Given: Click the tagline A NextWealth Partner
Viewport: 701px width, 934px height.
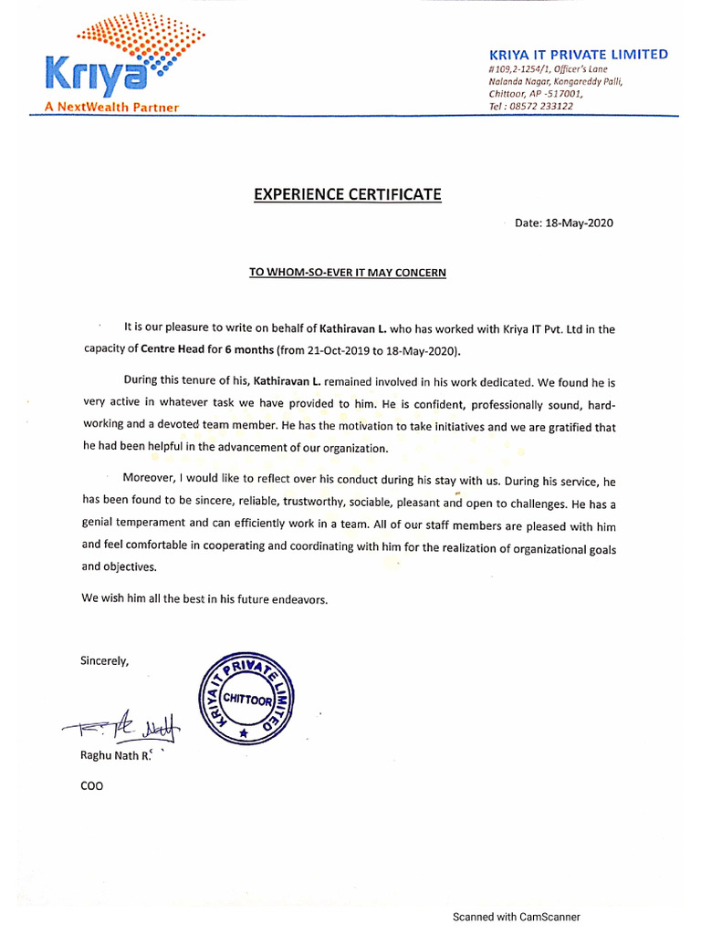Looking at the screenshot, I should pyautogui.click(x=111, y=107).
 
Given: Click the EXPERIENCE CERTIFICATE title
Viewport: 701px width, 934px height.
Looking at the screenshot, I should pyautogui.click(x=347, y=194).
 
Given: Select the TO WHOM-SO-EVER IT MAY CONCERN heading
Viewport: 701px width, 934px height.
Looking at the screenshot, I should pyautogui.click(x=348, y=272).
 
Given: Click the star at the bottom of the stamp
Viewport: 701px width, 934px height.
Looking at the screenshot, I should pyautogui.click(x=242, y=732).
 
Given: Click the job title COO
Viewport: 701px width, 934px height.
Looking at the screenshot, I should pyautogui.click(x=92, y=785).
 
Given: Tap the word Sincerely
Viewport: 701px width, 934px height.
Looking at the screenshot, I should pyautogui.click(x=105, y=660).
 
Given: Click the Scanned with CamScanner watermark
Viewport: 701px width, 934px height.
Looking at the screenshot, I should pyautogui.click(x=516, y=917).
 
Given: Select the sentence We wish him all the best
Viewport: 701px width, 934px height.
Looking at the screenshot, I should pyautogui.click(x=204, y=599).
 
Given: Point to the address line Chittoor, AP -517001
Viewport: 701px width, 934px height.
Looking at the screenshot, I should pyautogui.click(x=535, y=93).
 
